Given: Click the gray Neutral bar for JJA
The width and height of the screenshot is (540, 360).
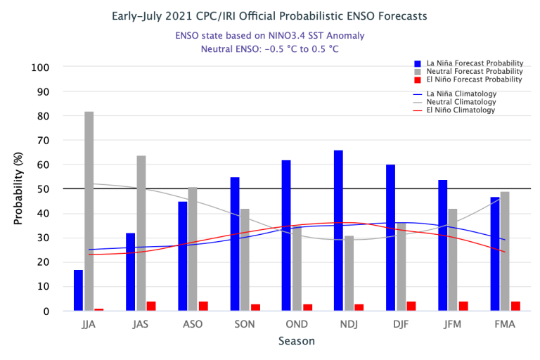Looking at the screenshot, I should (89, 211).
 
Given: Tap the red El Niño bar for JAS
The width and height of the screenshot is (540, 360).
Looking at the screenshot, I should (151, 306).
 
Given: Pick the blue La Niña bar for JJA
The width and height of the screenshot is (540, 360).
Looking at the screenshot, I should (78, 290).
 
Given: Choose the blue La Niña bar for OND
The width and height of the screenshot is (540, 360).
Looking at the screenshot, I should (286, 236).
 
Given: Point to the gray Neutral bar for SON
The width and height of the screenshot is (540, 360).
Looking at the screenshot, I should (245, 259).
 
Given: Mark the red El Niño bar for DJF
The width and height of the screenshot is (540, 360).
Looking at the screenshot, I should (411, 306).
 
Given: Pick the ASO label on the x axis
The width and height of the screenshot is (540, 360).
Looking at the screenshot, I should (193, 324).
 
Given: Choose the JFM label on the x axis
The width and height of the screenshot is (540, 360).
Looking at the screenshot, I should (453, 324).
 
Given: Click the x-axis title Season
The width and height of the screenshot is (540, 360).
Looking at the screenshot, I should (295, 341).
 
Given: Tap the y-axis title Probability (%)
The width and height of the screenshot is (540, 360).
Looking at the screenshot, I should (18, 189).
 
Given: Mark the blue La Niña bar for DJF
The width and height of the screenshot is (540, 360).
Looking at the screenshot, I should (390, 238).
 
